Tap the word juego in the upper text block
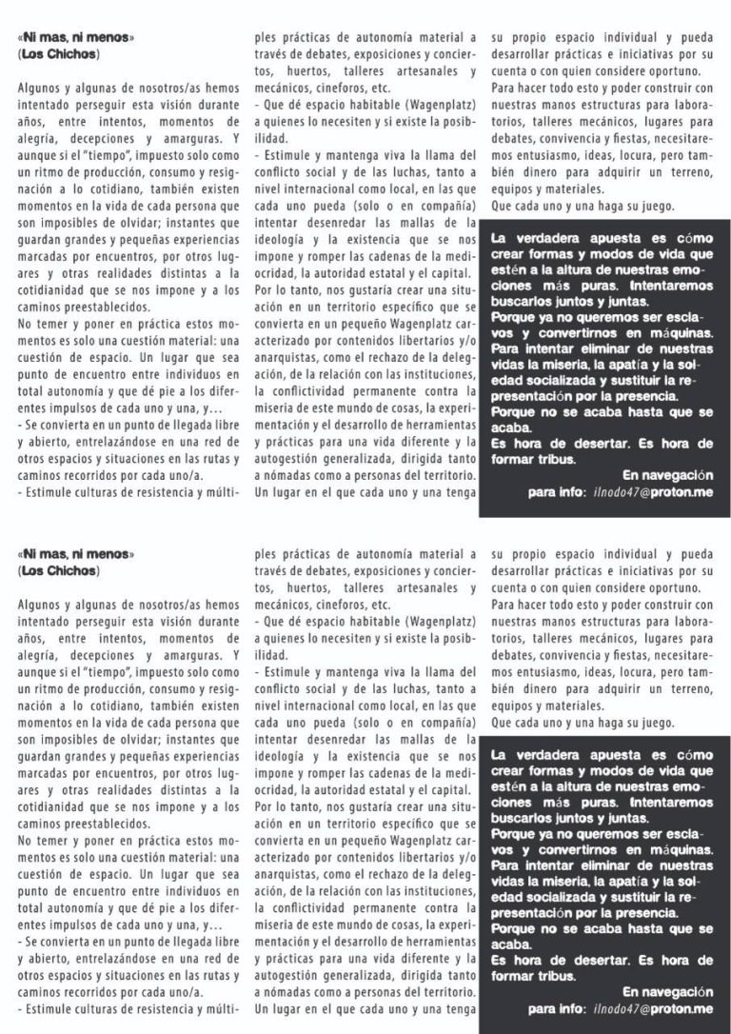coord(651,206)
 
